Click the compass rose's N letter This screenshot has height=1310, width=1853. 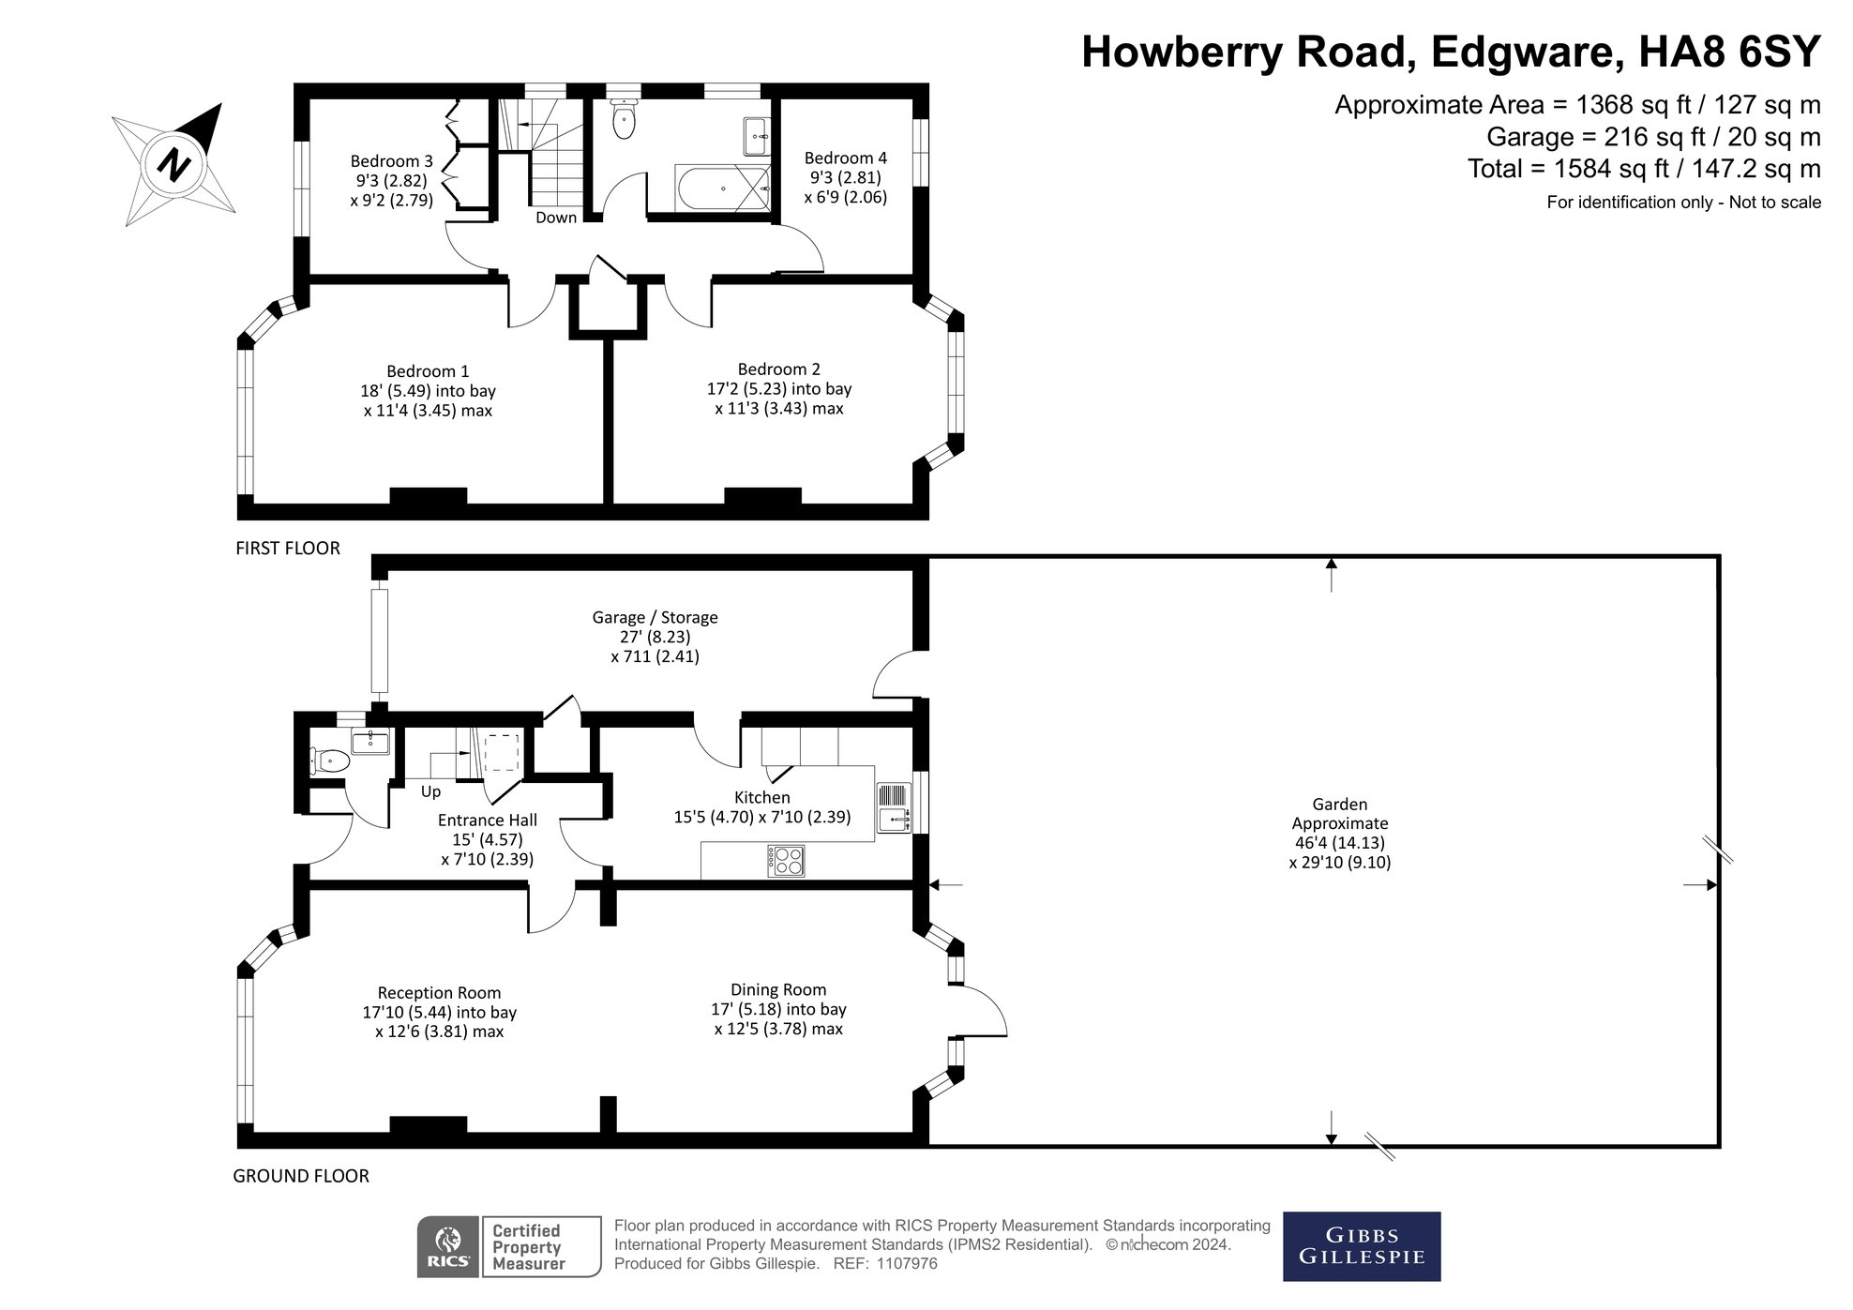tap(173, 165)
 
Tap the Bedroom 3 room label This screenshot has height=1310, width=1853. tap(391, 161)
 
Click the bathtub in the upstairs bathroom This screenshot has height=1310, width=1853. tap(722, 188)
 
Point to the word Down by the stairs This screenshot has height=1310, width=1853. tap(556, 218)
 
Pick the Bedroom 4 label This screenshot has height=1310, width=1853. tap(845, 158)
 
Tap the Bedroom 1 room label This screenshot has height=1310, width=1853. tap(428, 371)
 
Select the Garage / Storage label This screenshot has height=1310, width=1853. tap(655, 617)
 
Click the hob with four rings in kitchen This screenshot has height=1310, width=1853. tap(786, 861)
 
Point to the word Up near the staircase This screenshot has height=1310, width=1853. tap(430, 791)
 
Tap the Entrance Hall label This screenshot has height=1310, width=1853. tap(487, 821)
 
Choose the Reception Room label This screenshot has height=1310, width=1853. tap(439, 992)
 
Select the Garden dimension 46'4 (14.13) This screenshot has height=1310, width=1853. tap(1339, 842)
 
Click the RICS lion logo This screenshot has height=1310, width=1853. tap(449, 1245)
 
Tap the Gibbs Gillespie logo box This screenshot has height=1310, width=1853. tap(1361, 1246)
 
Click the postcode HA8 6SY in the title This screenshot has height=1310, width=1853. tap(1728, 52)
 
